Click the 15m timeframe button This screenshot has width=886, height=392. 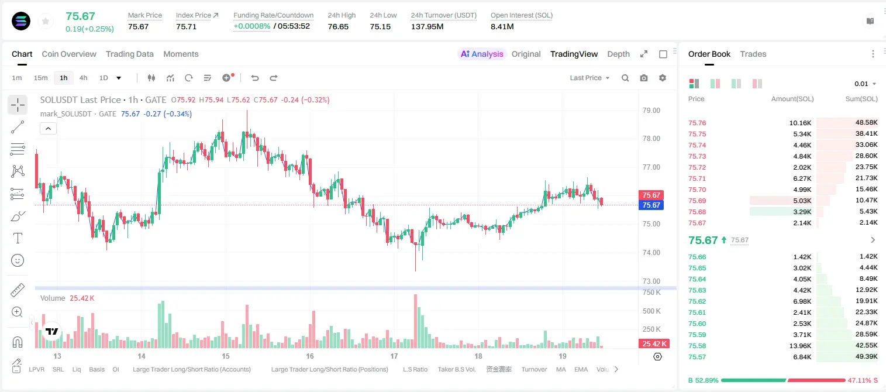[41, 78]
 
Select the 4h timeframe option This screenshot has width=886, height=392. [83, 78]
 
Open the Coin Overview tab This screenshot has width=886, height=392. [69, 54]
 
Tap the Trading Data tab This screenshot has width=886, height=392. [129, 54]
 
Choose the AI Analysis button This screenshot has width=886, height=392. [482, 54]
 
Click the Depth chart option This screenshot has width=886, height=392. [618, 54]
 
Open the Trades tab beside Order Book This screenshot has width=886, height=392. [753, 54]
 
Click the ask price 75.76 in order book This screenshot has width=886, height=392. [697, 123]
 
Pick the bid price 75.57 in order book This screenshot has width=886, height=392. [697, 357]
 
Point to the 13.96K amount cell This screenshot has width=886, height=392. [800, 346]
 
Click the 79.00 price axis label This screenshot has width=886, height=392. [651, 111]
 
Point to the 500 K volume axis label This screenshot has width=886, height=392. [651, 311]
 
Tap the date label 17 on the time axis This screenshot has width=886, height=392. [394, 356]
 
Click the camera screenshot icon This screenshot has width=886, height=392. [644, 78]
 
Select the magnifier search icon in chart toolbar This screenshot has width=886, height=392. [625, 78]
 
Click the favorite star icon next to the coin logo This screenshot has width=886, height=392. [46, 21]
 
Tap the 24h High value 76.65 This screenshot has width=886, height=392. [338, 26]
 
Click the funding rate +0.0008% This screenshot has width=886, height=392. [251, 26]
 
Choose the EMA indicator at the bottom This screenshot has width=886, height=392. [581, 369]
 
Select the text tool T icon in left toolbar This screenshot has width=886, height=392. [18, 238]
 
